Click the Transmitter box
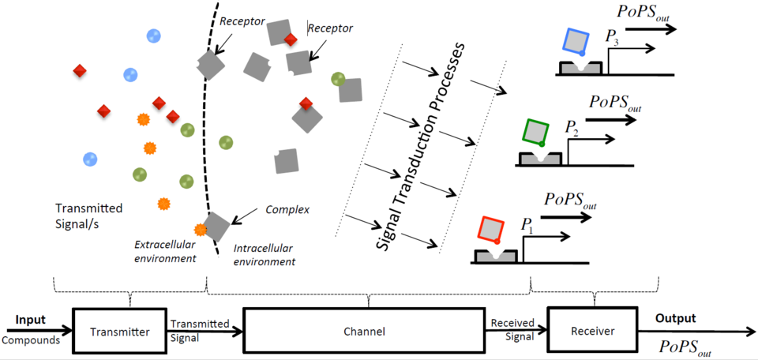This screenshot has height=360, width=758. (121, 332)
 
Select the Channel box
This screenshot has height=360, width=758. (364, 332)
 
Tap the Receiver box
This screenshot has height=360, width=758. (592, 332)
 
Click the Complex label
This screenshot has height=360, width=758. (287, 210)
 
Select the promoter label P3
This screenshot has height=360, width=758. (612, 36)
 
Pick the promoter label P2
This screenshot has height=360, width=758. (572, 126)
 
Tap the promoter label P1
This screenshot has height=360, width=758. (527, 224)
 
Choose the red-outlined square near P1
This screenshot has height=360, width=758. (492, 229)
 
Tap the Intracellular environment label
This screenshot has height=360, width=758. (265, 255)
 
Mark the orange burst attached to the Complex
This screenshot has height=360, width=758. (201, 230)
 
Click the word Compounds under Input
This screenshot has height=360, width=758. (31, 340)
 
